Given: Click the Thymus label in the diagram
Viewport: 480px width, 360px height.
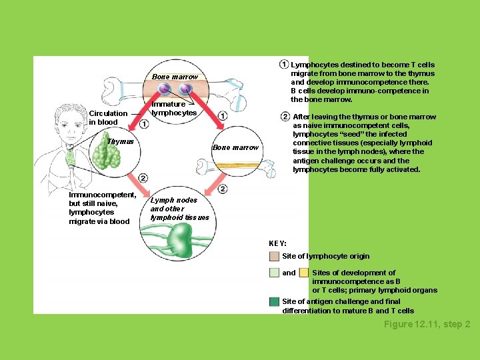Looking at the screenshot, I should (x=121, y=141).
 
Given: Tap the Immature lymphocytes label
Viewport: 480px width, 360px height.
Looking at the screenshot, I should (x=173, y=109).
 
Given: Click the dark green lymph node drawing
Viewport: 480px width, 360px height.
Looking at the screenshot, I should (x=178, y=240).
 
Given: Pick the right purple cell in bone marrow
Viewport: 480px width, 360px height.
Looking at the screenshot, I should (x=186, y=89).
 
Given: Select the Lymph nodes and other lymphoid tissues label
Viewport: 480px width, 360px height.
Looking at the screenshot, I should (x=179, y=209).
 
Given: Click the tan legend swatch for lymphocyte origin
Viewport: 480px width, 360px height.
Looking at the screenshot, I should (x=274, y=256).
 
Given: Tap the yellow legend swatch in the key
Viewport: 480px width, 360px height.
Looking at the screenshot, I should (x=304, y=273).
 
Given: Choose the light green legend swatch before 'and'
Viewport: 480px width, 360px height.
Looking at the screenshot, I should (x=274, y=273).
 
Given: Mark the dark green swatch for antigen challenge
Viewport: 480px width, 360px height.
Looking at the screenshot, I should (x=274, y=302).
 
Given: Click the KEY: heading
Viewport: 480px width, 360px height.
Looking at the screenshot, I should (x=277, y=244).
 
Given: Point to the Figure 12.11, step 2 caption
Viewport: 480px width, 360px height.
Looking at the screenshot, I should (x=427, y=325).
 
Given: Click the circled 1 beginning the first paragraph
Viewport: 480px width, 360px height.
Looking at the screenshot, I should (x=284, y=65).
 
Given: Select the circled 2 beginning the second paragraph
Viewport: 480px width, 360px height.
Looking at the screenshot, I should (x=285, y=117).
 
